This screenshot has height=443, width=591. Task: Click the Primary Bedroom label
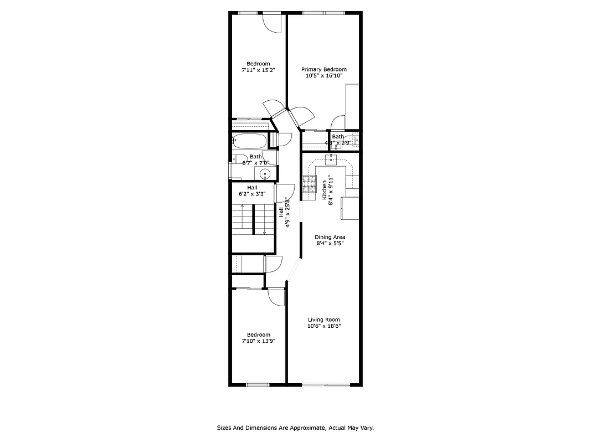(324, 69)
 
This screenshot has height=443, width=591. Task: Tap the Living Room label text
(324, 320)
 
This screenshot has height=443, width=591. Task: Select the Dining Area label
(330, 237)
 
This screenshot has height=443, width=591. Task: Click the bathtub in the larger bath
(250, 141)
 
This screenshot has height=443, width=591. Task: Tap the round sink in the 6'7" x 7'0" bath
(265, 175)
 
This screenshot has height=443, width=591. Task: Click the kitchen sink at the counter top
(331, 159)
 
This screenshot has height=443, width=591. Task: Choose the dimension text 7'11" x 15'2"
(258, 70)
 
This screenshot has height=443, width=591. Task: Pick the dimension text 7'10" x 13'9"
(259, 341)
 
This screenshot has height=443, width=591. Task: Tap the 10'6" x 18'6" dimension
(324, 326)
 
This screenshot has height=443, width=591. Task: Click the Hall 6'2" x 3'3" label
(252, 191)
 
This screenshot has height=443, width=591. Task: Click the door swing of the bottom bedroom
(275, 297)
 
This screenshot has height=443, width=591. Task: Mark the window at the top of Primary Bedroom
(323, 12)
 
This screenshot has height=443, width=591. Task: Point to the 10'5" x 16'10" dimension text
(324, 76)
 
